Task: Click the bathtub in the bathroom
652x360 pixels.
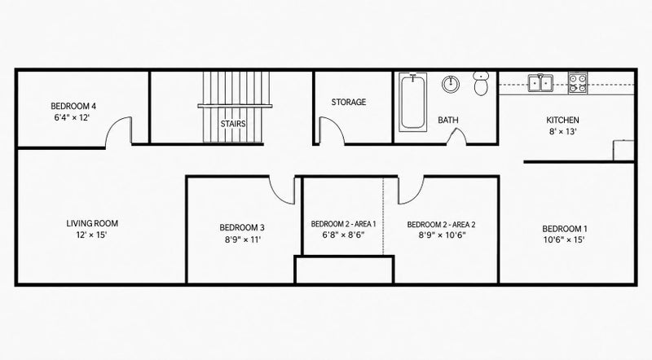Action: coord(412,103)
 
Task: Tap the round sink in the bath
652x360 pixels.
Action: coord(451,84)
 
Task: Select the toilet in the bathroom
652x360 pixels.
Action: coord(481,83)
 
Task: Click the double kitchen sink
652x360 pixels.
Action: coord(540,83)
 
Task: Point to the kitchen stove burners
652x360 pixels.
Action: coord(578,83)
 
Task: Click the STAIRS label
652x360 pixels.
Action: coord(233,124)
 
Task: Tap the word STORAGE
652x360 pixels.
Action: coord(349,102)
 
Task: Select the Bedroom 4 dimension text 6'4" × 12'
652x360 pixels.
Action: coord(72,117)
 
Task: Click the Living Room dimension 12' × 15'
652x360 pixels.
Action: coord(91,235)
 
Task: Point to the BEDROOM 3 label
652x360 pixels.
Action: coord(242,228)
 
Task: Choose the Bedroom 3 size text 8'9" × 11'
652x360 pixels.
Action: coord(243,239)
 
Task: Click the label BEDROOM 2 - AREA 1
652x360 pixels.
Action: coord(343,224)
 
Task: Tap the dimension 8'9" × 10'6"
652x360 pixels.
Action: coord(442,235)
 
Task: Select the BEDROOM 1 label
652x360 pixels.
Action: coord(565,229)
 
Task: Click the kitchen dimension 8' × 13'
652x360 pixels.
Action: coord(562,132)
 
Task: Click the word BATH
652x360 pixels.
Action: coord(447,121)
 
